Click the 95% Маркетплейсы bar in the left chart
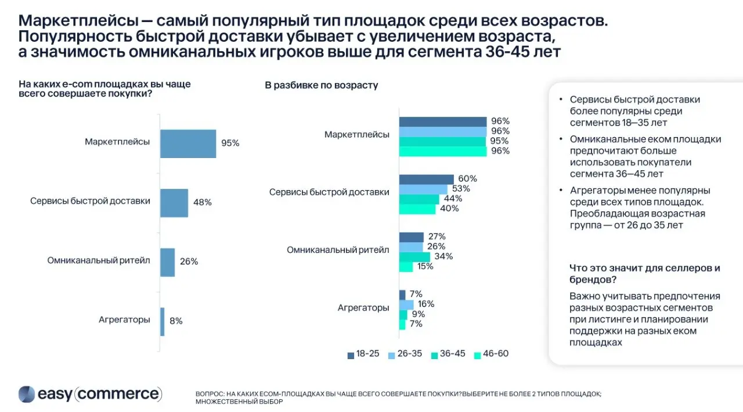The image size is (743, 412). coord(188,144)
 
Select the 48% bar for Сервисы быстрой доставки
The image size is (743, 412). coord(174,203)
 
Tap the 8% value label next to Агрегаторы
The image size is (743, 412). coord(176,321)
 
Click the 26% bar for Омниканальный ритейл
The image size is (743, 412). coord(167,262)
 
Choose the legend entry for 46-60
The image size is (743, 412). coord(491,354)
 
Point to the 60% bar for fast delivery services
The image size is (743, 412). coord(426,179)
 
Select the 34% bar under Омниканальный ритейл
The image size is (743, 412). coord(414,257)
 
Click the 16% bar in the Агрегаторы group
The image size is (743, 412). coord(406,304)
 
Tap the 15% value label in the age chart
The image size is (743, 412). coord(425,267)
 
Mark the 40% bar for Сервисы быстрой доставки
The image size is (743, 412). coord(417,209)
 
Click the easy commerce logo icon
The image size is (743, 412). coord(27,394)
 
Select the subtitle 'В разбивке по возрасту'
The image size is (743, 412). coord(322,85)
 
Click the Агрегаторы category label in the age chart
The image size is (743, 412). coord(363,308)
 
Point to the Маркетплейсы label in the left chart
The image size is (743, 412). coord(117,142)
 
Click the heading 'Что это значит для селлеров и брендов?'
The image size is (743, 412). coord(644,273)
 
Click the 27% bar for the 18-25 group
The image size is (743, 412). coord(412,237)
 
